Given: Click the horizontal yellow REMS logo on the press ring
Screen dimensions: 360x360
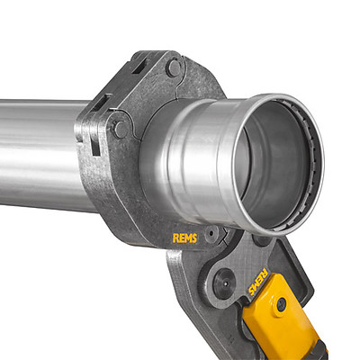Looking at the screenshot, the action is click(184, 238).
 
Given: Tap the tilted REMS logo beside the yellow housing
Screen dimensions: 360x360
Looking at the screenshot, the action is click(257, 282).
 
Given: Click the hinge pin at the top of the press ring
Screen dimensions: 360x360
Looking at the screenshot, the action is click(174, 67).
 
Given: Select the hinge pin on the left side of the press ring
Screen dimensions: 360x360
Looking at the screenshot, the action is click(120, 129).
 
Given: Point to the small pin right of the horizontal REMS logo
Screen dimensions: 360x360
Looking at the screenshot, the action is click(212, 233).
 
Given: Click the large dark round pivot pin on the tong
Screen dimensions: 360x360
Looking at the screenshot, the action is click(224, 283).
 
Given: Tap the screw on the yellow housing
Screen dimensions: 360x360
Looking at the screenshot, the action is click(281, 304).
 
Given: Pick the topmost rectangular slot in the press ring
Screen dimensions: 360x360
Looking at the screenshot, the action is click(139, 66).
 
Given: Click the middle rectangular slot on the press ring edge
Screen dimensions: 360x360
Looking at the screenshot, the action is click(101, 102).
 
